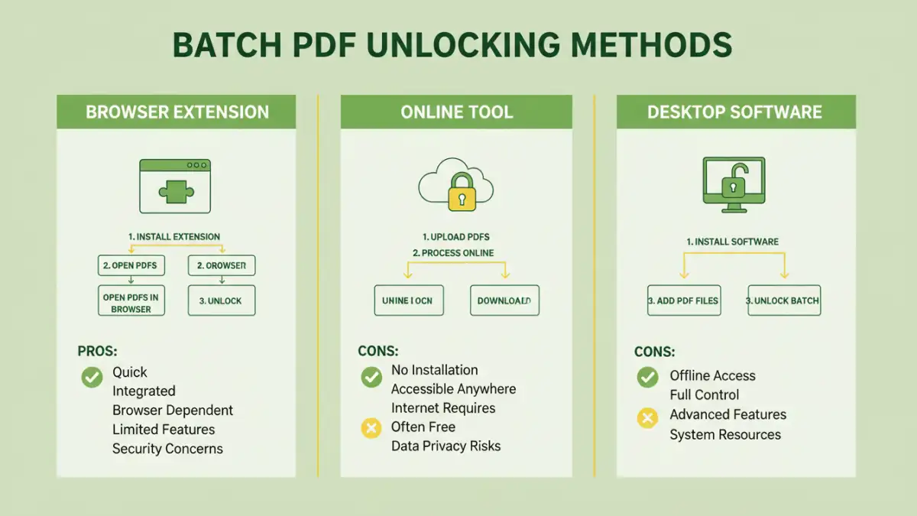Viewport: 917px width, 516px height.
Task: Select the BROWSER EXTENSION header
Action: click(x=177, y=112)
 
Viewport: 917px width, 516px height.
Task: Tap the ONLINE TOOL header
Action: click(x=456, y=112)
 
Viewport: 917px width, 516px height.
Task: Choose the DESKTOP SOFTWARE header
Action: click(x=734, y=112)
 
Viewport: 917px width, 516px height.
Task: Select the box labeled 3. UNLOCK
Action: click(x=222, y=300)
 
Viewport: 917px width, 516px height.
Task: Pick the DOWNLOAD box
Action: click(x=504, y=300)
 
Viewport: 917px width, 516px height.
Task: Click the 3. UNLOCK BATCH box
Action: click(x=783, y=300)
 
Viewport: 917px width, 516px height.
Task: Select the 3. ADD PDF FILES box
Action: click(x=683, y=300)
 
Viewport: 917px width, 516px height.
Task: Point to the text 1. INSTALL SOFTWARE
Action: click(x=732, y=242)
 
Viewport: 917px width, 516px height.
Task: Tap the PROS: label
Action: click(x=98, y=352)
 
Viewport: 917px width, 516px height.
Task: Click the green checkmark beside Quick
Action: click(x=92, y=376)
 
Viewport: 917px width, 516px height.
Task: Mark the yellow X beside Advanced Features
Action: click(x=647, y=417)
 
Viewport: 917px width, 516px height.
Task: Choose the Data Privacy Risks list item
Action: click(x=446, y=446)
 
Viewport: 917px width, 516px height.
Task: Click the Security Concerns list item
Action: click(x=167, y=449)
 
